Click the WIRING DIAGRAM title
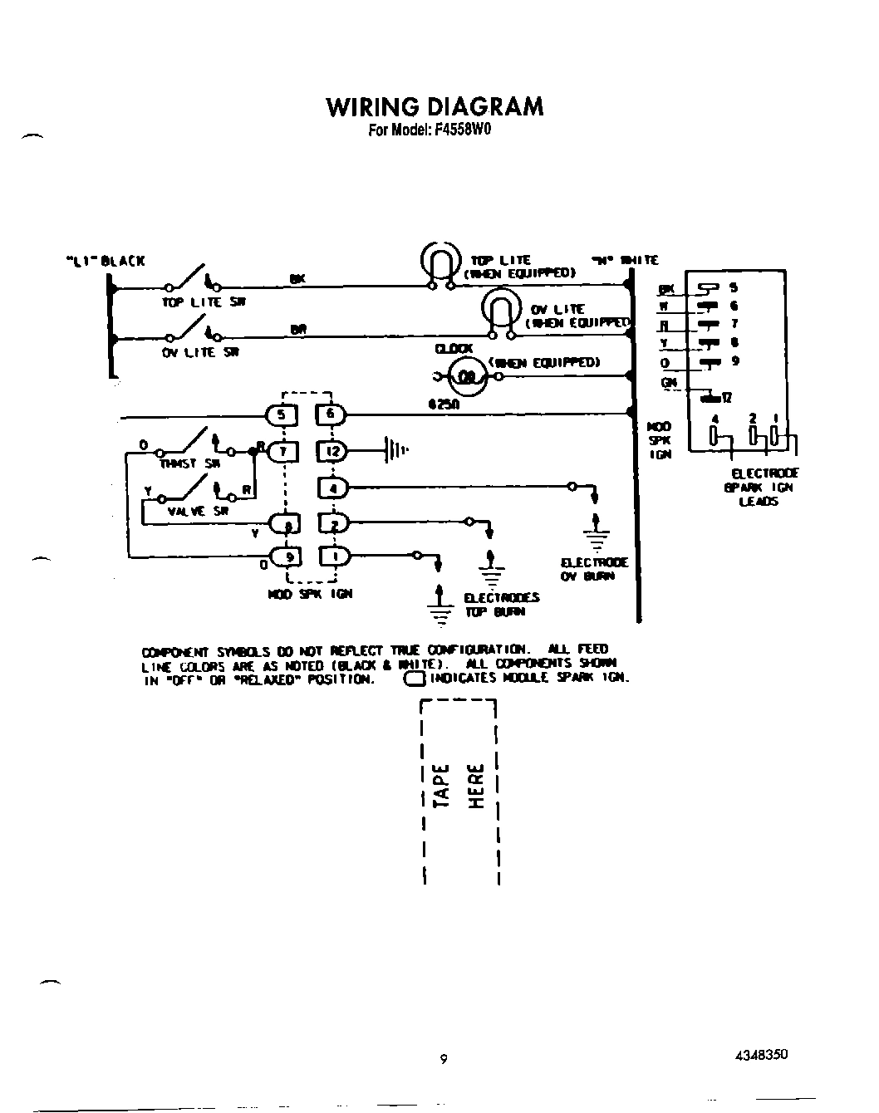click(x=435, y=107)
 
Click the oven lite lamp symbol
click(x=501, y=309)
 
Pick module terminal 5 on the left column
click(x=280, y=414)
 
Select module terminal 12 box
click(x=331, y=451)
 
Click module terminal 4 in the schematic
click(x=331, y=488)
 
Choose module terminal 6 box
click(x=330, y=414)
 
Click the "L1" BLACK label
click(x=105, y=261)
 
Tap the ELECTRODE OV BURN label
click(x=594, y=569)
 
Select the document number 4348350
click(x=760, y=1055)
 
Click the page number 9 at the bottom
click(x=444, y=1059)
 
